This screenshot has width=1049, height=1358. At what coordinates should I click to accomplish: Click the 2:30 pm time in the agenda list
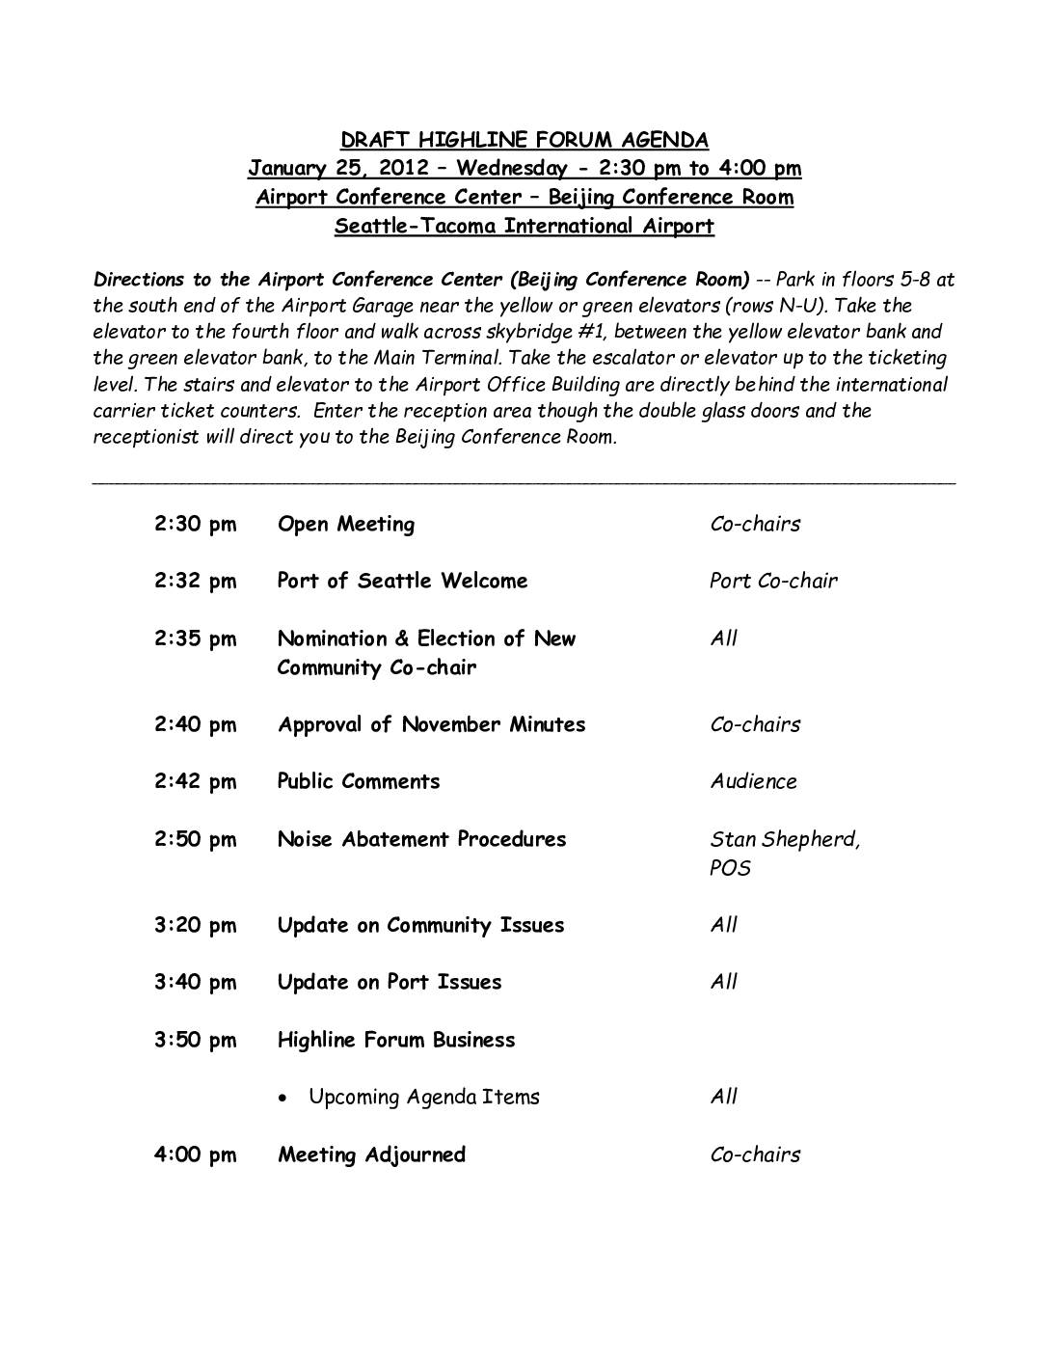(195, 525)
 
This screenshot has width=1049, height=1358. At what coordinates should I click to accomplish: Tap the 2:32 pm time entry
(195, 582)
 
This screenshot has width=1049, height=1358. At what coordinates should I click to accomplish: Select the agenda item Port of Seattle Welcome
(402, 582)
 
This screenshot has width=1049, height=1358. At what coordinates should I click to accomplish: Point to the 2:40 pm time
(195, 725)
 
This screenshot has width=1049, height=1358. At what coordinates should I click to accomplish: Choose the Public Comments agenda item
(358, 782)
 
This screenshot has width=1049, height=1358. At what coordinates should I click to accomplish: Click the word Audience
(753, 782)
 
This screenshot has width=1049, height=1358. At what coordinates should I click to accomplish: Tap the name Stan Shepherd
(784, 839)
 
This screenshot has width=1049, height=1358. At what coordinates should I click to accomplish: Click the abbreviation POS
(730, 868)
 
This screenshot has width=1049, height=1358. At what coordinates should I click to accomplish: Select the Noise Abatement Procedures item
(421, 839)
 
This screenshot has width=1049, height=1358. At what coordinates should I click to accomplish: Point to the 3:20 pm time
(195, 926)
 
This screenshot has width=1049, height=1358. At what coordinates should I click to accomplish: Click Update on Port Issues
(389, 983)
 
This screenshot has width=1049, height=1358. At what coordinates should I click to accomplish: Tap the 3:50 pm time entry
(195, 1041)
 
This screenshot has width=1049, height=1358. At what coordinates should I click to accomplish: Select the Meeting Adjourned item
(371, 1155)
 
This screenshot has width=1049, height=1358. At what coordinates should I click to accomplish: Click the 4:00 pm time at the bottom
(195, 1155)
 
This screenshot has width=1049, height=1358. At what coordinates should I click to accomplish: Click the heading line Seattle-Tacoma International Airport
(524, 227)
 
